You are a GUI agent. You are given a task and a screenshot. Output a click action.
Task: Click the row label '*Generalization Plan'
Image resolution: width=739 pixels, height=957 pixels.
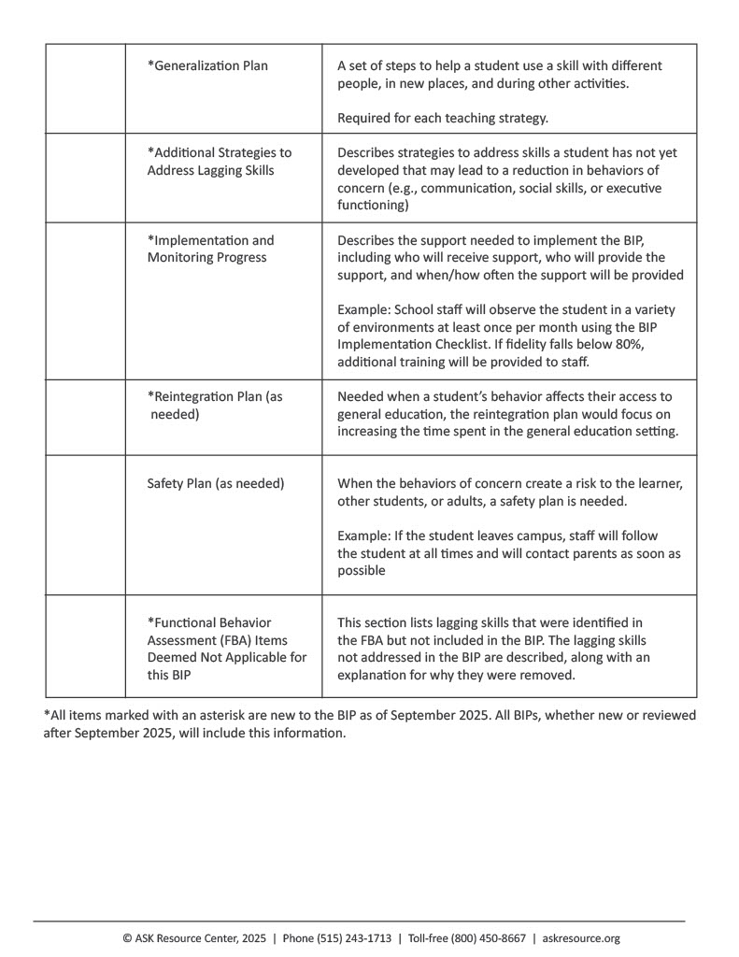click(207, 66)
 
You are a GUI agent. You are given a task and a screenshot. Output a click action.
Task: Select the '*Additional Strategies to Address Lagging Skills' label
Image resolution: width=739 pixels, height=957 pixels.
click(219, 161)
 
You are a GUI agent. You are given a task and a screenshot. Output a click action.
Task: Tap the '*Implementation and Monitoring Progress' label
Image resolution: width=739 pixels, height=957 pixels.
click(210, 248)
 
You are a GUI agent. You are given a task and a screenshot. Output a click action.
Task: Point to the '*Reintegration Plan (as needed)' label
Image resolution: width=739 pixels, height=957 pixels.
click(214, 405)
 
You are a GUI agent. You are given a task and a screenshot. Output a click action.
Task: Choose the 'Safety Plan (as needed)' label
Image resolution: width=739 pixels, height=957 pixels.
click(216, 483)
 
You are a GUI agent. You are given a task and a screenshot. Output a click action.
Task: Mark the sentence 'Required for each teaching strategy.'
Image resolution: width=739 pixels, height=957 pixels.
click(442, 118)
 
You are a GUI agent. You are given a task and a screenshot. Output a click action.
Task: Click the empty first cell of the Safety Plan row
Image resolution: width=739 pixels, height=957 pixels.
click(85, 524)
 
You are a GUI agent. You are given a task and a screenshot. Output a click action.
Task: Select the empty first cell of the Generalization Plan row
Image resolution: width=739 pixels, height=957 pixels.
click(85, 88)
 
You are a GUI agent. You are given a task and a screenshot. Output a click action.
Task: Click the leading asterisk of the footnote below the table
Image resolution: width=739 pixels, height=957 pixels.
click(47, 715)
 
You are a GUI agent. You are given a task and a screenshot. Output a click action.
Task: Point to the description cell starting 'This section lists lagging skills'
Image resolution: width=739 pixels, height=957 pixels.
click(508, 648)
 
